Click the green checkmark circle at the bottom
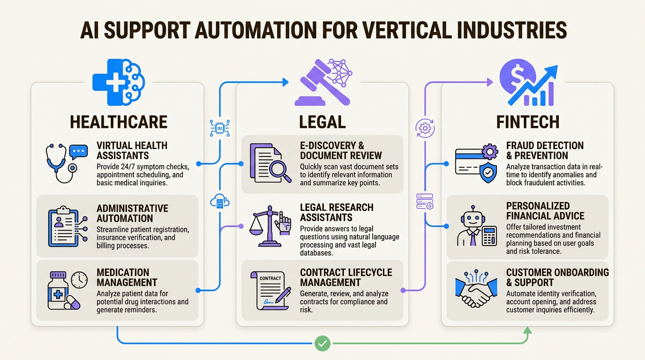pyautogui.click(x=322, y=344)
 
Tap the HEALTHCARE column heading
pyautogui.click(x=119, y=122)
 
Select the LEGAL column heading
pyautogui.click(x=322, y=122)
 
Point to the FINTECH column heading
pyautogui.click(x=528, y=122)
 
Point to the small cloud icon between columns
pyautogui.click(x=219, y=202)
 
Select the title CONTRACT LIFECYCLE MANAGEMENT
pyautogui.click(x=346, y=277)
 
